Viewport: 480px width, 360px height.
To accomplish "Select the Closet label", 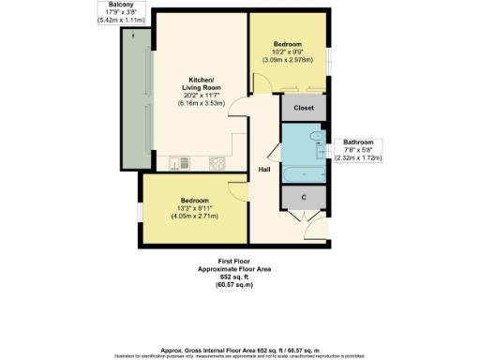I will click(x=303, y=108).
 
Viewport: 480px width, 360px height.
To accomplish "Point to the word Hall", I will click(x=265, y=169).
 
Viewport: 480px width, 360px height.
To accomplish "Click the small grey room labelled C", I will click(x=303, y=198).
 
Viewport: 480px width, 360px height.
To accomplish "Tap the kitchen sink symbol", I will click(x=176, y=164).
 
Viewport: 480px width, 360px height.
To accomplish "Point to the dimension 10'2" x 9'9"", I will click(x=288, y=52).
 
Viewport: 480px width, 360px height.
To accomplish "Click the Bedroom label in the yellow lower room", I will click(x=194, y=200).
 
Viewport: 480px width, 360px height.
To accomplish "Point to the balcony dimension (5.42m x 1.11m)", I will click(x=112, y=20).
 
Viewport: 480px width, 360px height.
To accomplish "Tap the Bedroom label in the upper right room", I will click(x=288, y=44).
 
